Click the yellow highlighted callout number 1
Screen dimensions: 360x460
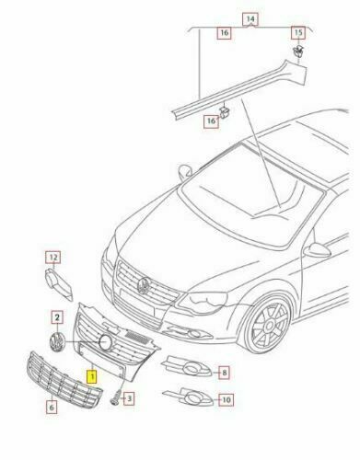tap(92, 377)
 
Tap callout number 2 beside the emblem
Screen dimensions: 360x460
tap(57, 317)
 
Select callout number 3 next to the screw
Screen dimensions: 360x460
tap(129, 398)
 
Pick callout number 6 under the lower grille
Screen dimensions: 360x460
tap(52, 408)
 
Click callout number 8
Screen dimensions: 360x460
tap(225, 373)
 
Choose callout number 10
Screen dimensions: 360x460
tap(226, 399)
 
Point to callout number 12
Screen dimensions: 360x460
tap(53, 258)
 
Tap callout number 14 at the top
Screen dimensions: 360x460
tap(250, 19)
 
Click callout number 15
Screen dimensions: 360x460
tap(298, 32)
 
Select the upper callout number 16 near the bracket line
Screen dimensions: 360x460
tap(225, 33)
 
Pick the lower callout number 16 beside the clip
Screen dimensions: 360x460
tap(212, 121)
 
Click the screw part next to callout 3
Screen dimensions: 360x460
tap(116, 397)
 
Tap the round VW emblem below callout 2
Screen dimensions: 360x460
tap(57, 342)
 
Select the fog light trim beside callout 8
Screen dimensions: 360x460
tap(187, 366)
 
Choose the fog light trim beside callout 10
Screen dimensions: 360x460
tap(188, 397)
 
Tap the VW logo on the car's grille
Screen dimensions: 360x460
tap(144, 286)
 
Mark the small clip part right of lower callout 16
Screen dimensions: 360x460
tap(225, 112)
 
